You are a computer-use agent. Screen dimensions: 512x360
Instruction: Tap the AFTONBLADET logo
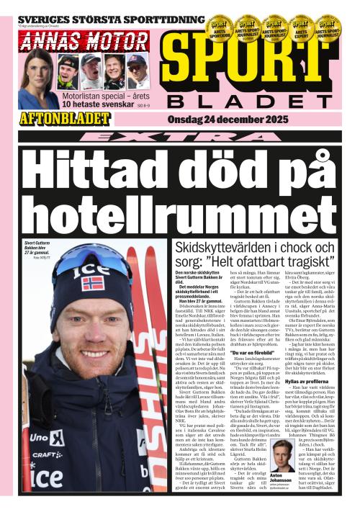[66, 117]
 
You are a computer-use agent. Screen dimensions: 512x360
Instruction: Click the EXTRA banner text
[179, 136]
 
